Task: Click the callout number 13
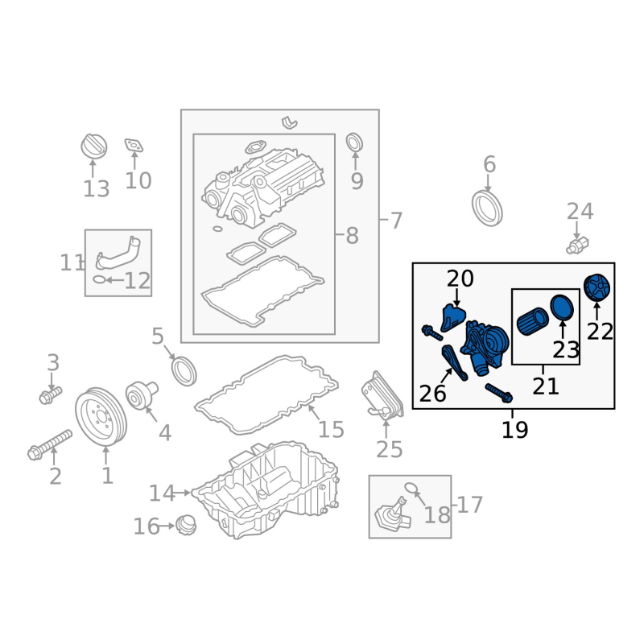pos(97,189)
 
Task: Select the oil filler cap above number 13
pos(93,146)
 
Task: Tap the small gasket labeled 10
pos(134,146)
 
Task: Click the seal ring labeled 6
pos(487,208)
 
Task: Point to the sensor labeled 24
pos(577,245)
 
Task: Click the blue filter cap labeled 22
pos(597,287)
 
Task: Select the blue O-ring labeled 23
pos(561,308)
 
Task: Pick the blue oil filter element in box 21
pos(532,323)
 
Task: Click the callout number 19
pos(514,430)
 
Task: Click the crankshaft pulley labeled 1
pos(101,417)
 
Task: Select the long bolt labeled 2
pos(50,445)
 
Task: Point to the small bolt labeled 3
pos(50,395)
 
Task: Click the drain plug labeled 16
pos(186,525)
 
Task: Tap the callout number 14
pos(163,493)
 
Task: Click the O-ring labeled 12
pos(99,279)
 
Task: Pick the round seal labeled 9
pos(354,142)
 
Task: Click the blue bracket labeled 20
pos(452,317)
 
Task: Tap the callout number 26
pos(432,394)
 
